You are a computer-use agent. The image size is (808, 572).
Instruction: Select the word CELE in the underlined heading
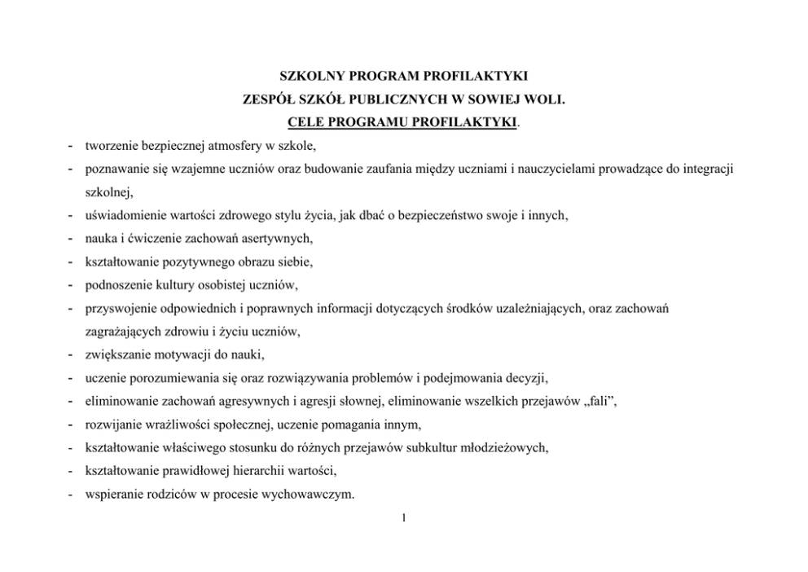(307, 124)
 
